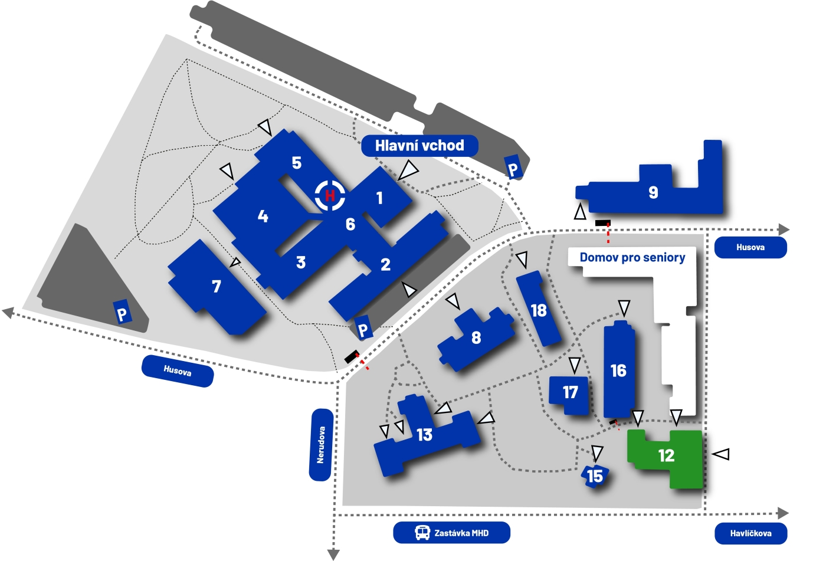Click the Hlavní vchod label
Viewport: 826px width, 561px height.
[419, 146]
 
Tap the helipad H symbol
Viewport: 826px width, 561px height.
[330, 195]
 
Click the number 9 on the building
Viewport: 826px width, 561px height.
[653, 192]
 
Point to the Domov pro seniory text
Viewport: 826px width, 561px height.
[632, 257]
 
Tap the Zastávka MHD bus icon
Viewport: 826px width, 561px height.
[422, 532]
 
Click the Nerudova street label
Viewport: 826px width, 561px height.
[321, 445]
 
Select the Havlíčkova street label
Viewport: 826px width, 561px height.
[750, 533]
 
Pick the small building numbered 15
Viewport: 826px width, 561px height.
[595, 476]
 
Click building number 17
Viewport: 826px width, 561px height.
[569, 395]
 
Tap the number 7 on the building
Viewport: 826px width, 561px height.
[217, 286]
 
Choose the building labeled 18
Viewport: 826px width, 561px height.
[538, 309]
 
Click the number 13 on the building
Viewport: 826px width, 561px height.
[424, 435]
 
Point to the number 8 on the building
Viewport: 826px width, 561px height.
[476, 337]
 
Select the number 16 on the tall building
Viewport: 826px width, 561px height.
[618, 371]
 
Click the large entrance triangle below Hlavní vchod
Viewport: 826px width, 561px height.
[408, 170]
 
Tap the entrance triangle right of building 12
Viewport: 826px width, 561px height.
[721, 454]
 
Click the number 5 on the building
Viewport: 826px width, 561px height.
[296, 163]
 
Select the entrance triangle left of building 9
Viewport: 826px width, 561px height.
[580, 212]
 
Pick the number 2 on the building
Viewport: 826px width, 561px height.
[385, 265]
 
